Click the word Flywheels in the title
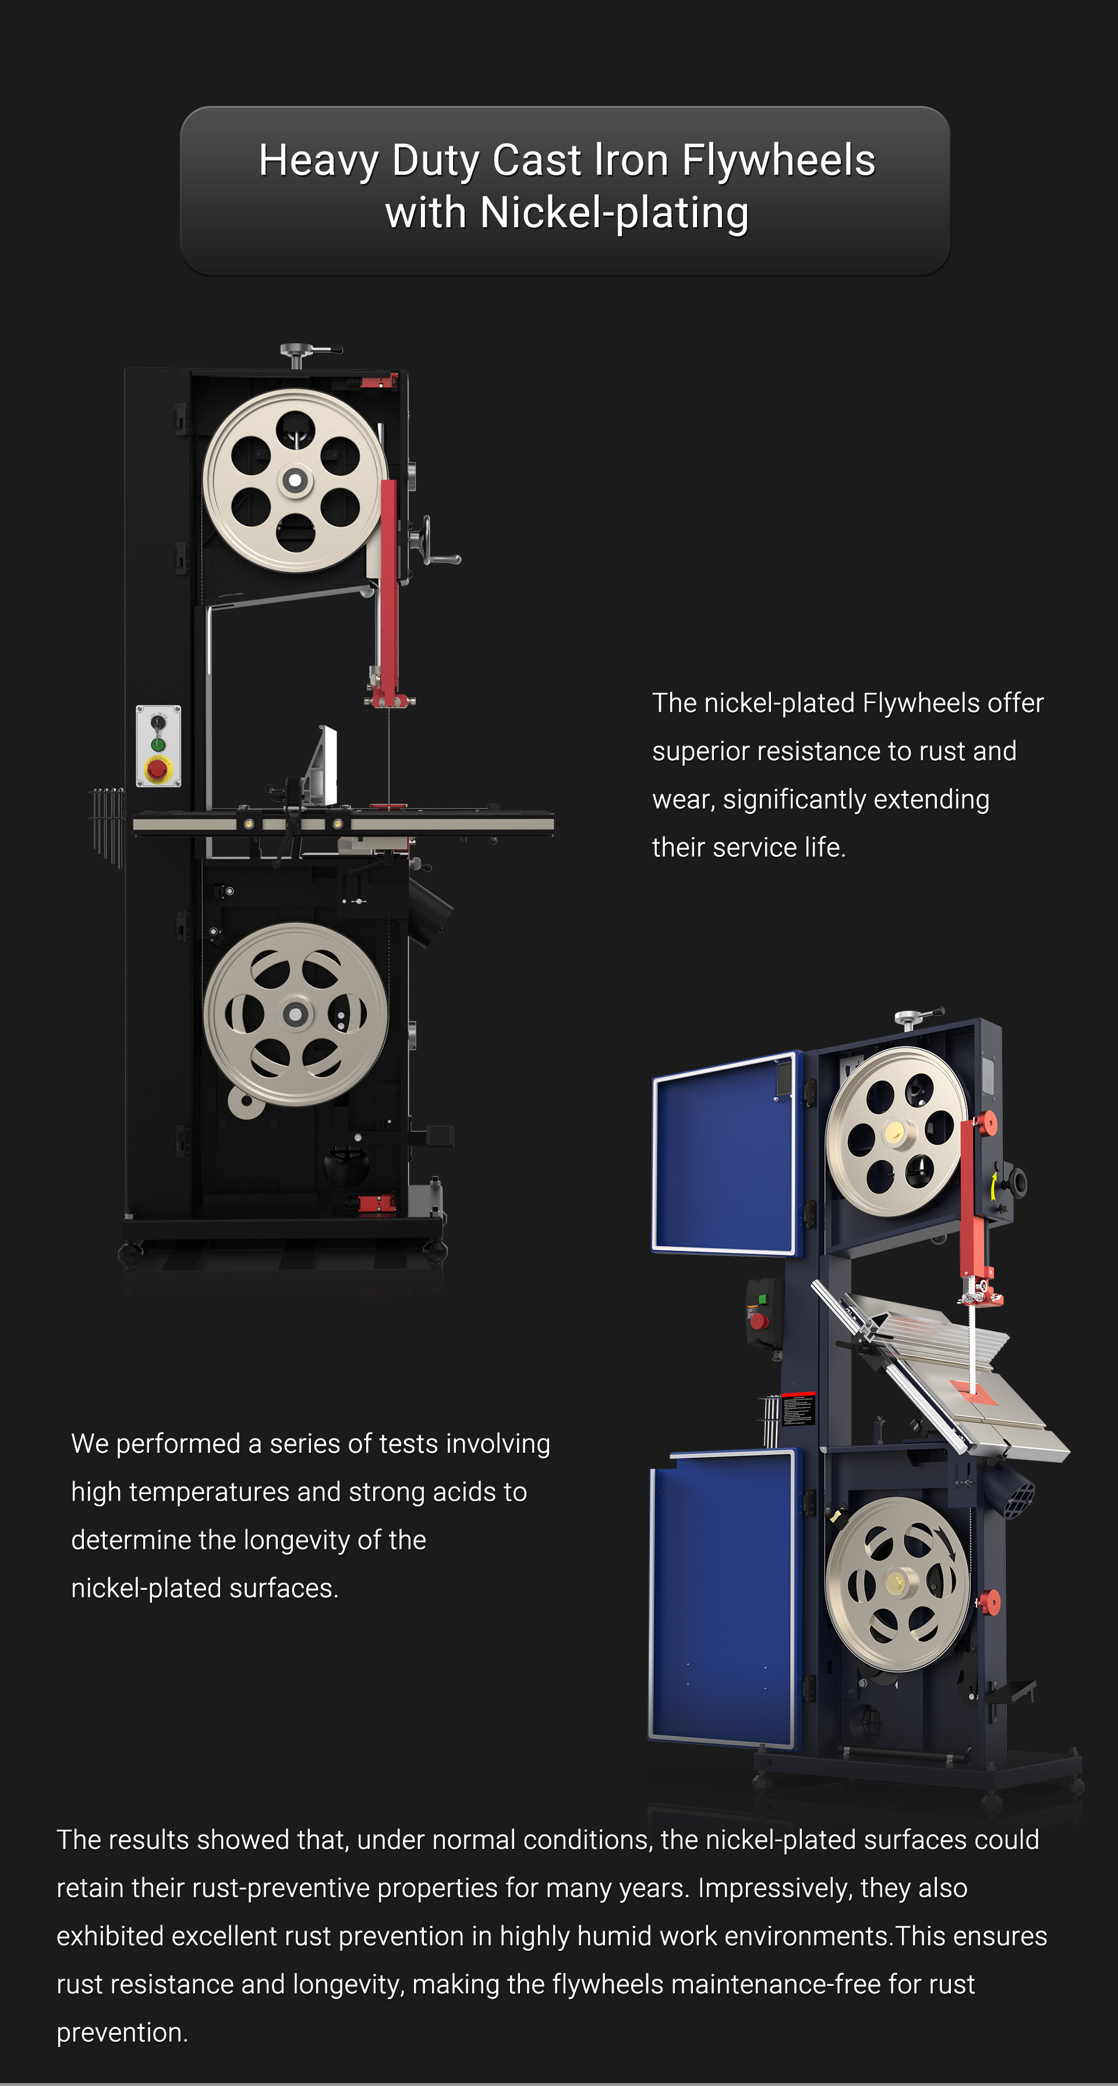pos(778,160)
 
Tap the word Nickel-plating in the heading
pos(614,213)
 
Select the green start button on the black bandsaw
pos(158,745)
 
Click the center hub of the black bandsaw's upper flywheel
pos(295,480)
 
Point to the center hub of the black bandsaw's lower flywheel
pos(295,1014)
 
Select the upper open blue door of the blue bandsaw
pos(724,1153)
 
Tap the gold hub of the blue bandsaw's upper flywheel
pos(894,1131)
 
